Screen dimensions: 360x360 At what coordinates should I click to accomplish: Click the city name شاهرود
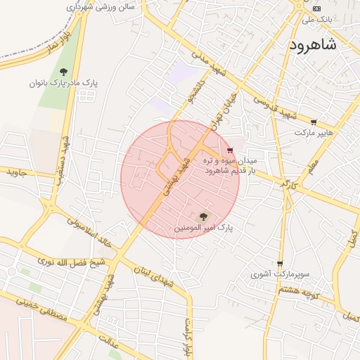pos(312,44)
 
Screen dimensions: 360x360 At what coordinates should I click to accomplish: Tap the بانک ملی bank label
pos(317,20)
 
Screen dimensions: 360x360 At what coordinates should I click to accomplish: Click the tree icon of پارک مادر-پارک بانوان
pos(64,71)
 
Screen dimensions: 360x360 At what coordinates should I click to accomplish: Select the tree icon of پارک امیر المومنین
pos(204,217)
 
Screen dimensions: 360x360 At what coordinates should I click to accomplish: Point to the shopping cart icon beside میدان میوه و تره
pos(230,150)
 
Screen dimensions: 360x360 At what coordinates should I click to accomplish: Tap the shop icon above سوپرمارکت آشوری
pos(280,264)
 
